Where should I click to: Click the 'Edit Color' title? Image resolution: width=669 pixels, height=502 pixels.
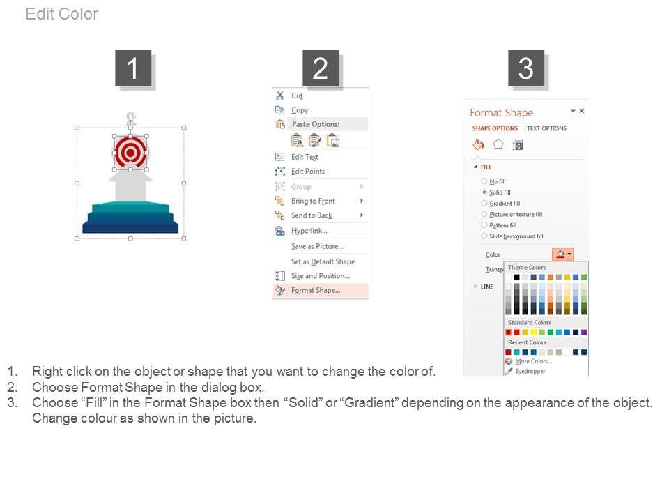pos(62,14)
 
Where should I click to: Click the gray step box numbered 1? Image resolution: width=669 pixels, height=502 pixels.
pos(133,68)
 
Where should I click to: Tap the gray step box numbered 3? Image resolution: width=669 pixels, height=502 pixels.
pos(525,68)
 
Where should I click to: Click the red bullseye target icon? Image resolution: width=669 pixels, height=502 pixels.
pos(130,153)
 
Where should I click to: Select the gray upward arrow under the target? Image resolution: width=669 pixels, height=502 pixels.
pos(130,184)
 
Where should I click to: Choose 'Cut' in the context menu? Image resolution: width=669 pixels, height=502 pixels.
pos(297,96)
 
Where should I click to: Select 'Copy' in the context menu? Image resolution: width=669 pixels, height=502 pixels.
pos(300,110)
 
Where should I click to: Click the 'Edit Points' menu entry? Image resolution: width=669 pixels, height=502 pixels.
pos(308,172)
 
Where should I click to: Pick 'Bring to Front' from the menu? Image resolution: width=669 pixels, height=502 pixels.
pos(313,201)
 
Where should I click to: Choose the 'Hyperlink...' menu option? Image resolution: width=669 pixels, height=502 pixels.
pos(309,231)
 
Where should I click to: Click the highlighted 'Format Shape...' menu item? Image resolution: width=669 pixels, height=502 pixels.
pos(316,290)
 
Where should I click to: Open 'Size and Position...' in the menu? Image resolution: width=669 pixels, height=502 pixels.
pos(321,276)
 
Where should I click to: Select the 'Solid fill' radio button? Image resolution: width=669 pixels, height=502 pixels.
pos(484,192)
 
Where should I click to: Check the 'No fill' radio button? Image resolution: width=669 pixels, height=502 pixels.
pos(484,181)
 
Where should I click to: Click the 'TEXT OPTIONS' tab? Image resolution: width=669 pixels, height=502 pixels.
pos(546,128)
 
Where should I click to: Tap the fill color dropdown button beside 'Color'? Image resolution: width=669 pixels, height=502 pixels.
pos(563,254)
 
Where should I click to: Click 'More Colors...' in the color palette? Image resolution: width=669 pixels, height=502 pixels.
pos(533,361)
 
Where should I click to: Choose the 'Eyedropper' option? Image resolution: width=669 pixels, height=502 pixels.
pos(530,372)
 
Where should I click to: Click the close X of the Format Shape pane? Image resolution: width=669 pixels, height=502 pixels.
pos(581,111)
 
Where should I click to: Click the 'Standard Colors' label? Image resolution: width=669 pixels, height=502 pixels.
pos(530,323)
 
